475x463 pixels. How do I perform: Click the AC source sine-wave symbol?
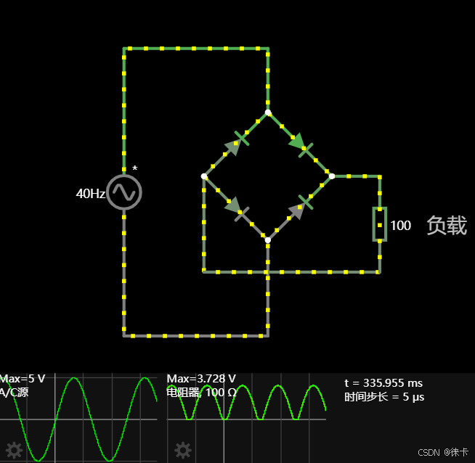124,192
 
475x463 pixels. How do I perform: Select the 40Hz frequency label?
91,194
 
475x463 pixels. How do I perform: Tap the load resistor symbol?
379,224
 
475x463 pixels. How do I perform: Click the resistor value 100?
400,226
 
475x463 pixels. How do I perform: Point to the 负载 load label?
446,226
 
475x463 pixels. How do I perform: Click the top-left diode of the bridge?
237,143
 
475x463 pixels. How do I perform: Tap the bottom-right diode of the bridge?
300,208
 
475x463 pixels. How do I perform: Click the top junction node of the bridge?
268,112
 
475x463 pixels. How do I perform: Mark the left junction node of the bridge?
204,176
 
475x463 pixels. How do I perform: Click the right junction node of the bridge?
332,176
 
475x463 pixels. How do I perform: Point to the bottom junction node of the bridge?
268,240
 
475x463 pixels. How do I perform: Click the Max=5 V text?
23,379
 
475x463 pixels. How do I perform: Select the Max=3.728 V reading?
201,379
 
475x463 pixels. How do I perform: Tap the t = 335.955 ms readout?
383,383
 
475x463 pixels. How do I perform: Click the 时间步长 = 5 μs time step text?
384,397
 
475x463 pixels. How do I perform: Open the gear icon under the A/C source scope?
14,451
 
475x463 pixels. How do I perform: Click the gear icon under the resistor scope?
182,451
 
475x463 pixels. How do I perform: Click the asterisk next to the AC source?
134,169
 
